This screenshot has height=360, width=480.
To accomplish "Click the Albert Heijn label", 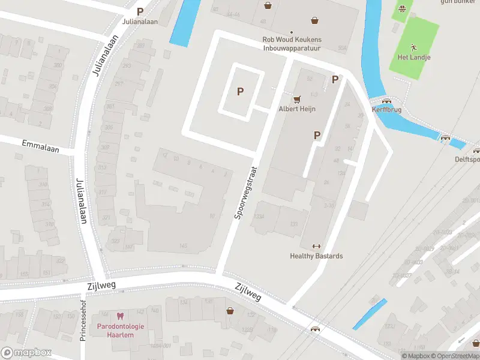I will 296,109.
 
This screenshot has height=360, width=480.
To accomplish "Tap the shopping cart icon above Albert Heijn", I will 296,99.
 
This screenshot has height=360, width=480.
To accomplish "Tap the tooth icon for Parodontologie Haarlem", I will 120,316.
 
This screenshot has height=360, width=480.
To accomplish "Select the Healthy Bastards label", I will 316,256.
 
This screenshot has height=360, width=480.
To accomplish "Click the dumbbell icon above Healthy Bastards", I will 316,246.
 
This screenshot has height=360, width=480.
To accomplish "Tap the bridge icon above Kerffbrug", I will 387,101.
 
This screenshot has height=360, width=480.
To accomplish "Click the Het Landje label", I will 414,57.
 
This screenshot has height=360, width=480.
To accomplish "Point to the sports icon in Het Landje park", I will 413,47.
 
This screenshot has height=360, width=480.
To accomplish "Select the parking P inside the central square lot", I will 241,91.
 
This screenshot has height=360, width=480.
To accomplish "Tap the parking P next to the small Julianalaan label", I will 140,11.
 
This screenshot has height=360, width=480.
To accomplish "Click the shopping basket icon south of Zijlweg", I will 230,310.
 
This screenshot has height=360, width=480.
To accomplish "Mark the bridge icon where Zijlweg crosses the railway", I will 314,329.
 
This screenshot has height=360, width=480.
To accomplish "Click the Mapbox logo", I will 26,353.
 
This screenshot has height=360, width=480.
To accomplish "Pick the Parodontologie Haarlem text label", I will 120,330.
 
